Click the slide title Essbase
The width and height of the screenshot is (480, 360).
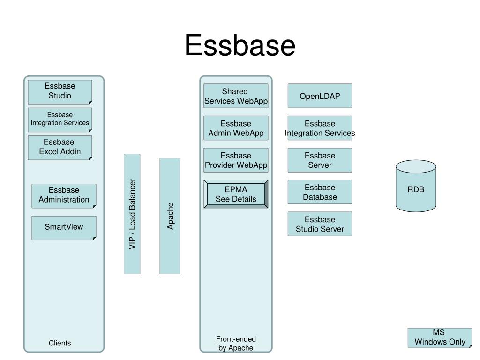click(240, 46)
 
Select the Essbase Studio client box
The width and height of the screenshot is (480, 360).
click(60, 91)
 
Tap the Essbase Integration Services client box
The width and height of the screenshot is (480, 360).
click(60, 120)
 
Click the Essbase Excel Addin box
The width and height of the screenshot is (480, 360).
click(60, 147)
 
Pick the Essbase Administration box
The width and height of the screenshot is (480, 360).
click(64, 195)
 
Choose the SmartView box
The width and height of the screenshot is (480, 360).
click(64, 227)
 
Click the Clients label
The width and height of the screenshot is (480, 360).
click(60, 343)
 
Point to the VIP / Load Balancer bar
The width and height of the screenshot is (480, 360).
click(132, 214)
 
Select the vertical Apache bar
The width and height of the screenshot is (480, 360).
click(170, 216)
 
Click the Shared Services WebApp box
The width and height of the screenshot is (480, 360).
click(236, 96)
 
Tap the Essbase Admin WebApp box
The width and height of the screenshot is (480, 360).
click(236, 128)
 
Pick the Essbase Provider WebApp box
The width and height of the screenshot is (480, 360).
click(236, 160)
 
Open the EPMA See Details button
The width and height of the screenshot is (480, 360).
click(236, 194)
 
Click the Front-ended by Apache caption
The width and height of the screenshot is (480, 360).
click(236, 343)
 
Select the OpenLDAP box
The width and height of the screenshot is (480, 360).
click(320, 96)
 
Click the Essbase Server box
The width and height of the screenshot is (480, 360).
click(320, 160)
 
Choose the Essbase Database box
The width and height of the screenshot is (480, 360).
click(320, 192)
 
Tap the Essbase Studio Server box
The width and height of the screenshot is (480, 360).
click(320, 224)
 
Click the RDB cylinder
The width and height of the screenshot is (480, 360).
click(416, 187)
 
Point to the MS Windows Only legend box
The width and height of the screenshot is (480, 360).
click(440, 337)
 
